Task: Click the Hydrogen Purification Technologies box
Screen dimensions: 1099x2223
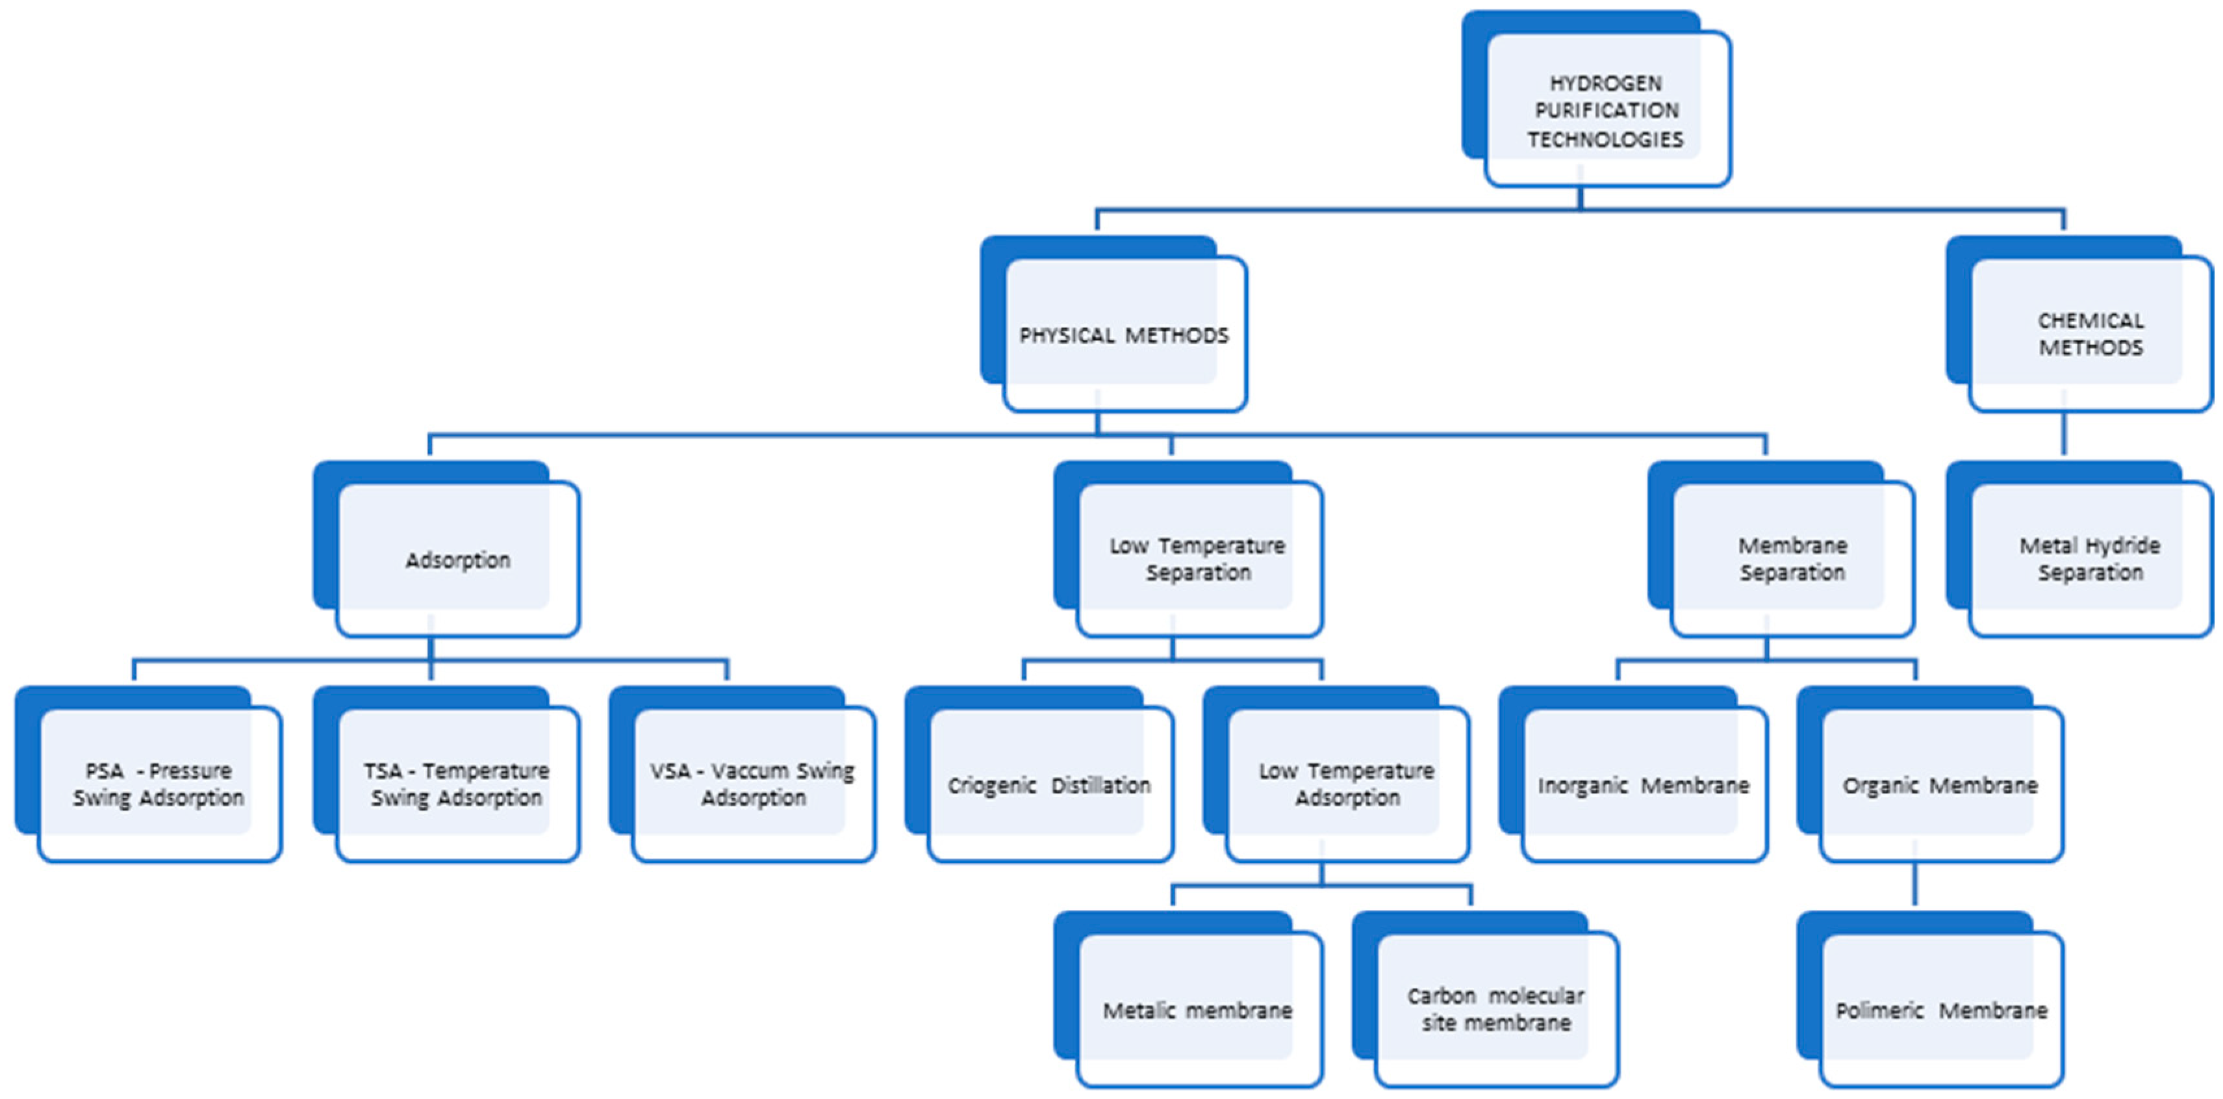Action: point(1605,110)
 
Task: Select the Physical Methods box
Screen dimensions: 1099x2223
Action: point(1124,335)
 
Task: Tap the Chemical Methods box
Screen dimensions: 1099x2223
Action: point(2090,335)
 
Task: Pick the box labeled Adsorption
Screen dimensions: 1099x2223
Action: point(457,560)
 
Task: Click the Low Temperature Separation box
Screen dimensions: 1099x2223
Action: point(1198,560)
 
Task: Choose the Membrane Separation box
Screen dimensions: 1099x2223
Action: point(1792,560)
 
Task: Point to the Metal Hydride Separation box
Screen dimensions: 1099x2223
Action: point(2090,560)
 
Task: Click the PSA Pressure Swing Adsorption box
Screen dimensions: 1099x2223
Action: point(159,784)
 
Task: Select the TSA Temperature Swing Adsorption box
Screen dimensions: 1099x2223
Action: point(457,784)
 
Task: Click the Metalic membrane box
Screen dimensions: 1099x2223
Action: point(1198,1009)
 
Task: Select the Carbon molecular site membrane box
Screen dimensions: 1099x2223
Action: point(1495,1009)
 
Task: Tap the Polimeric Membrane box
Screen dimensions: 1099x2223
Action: point(1942,1009)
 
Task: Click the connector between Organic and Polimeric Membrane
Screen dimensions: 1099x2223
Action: point(1915,885)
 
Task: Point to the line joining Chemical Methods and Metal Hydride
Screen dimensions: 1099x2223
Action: point(2063,434)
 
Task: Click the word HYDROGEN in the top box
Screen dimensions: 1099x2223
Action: point(1606,83)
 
